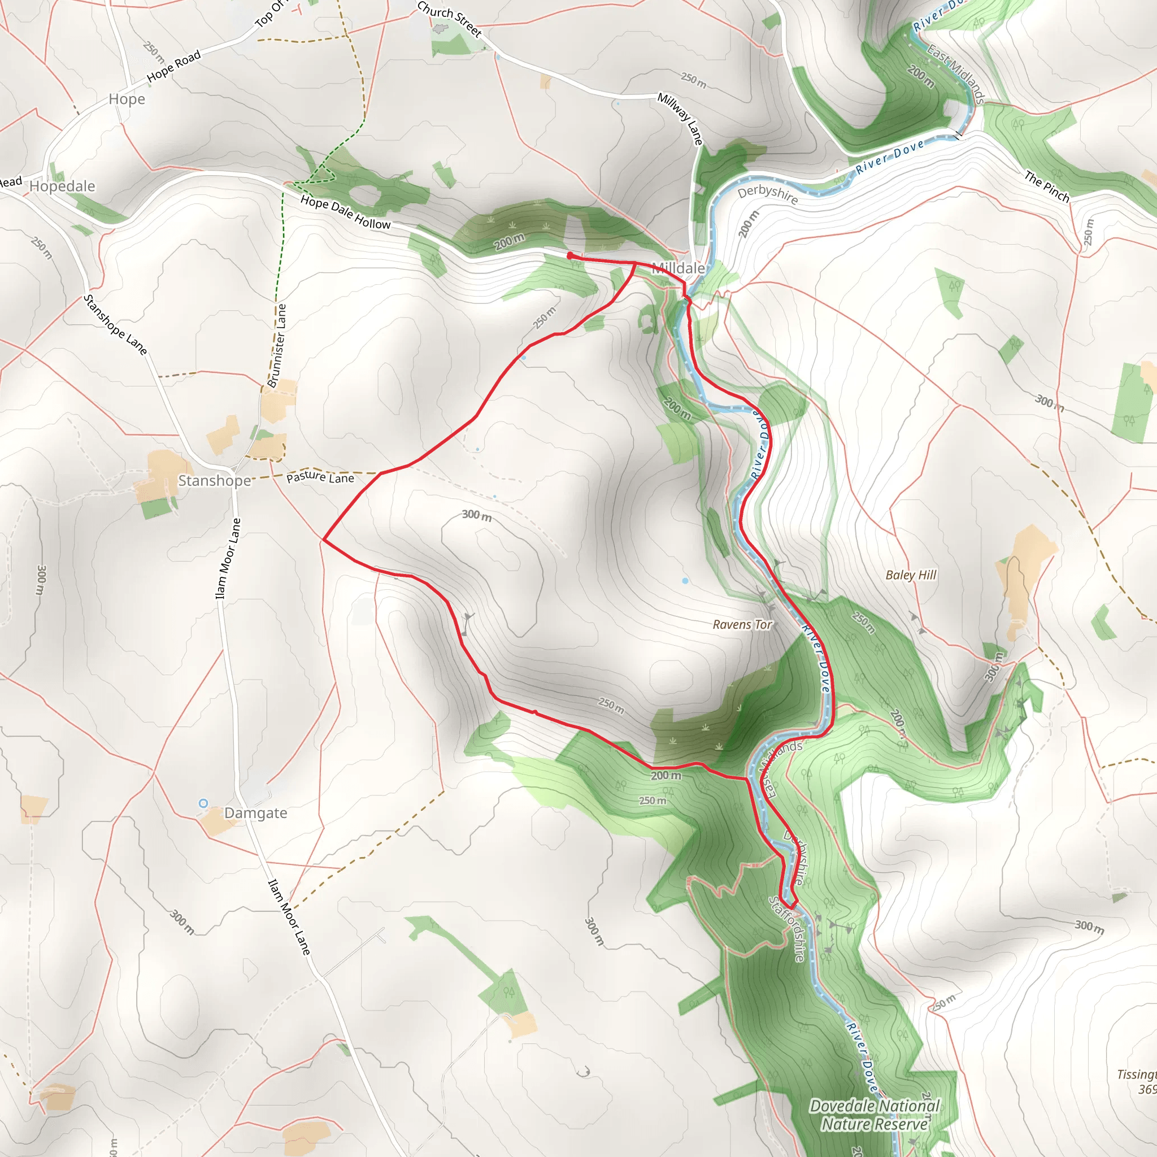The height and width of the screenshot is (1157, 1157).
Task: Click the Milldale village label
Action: click(678, 268)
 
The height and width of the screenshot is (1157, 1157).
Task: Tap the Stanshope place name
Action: click(214, 481)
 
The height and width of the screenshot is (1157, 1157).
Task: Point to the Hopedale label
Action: click(62, 186)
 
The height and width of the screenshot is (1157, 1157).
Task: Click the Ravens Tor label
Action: click(742, 625)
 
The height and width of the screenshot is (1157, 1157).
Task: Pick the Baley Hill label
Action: click(910, 575)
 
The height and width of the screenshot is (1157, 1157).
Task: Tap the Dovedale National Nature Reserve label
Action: click(875, 1115)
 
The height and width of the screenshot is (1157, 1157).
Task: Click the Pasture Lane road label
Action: click(320, 477)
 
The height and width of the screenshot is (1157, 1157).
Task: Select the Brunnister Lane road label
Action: click(277, 346)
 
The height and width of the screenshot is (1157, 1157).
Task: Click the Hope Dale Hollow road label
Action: click(346, 212)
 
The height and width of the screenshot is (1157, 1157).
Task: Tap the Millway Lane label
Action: click(680, 119)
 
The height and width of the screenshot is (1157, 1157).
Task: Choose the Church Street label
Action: click(450, 19)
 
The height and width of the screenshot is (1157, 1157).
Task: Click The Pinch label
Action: click(1047, 186)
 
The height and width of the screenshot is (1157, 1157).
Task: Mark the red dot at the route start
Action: click(570, 256)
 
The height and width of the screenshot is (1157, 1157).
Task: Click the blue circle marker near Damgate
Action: click(203, 803)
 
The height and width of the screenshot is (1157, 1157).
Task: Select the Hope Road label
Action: click(173, 66)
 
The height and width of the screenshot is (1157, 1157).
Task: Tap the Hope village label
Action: click(127, 99)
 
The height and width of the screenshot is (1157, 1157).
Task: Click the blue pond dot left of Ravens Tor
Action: click(685, 581)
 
